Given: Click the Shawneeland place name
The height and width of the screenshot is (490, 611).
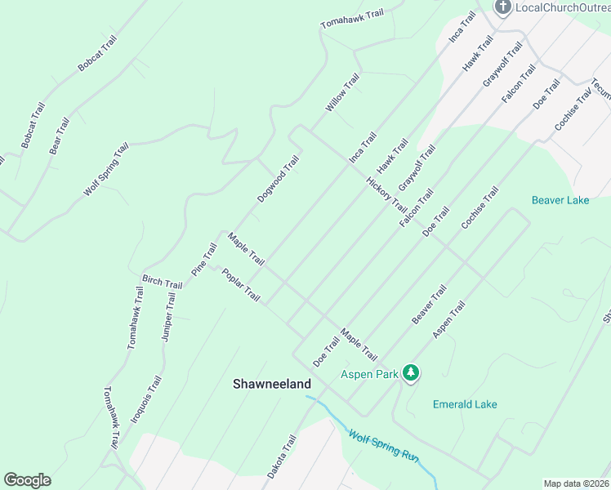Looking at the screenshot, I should (x=272, y=383).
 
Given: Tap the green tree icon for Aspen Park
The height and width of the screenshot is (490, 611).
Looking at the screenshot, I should (x=411, y=374).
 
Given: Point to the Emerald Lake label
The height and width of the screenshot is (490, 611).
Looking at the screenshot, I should (x=464, y=404).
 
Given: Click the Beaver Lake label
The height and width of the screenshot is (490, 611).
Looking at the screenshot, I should (x=560, y=199).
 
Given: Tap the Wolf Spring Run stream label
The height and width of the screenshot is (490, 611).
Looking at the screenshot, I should (x=383, y=447).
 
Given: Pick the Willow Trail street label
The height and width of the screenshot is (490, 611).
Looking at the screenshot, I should (x=342, y=92).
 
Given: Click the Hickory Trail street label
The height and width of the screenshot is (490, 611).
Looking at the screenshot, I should (x=386, y=194).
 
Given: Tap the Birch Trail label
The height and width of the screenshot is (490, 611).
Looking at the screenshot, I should (x=162, y=282).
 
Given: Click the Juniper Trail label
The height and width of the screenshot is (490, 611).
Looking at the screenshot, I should (x=168, y=317).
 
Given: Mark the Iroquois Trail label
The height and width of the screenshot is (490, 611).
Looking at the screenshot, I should (x=146, y=399).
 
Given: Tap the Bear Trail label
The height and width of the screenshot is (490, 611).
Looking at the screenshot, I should (x=60, y=136).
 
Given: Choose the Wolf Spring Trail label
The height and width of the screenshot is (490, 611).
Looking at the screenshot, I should (x=106, y=169).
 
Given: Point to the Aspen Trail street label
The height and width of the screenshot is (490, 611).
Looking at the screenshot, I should (x=448, y=319).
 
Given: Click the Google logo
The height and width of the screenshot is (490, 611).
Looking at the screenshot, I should (x=27, y=480).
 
